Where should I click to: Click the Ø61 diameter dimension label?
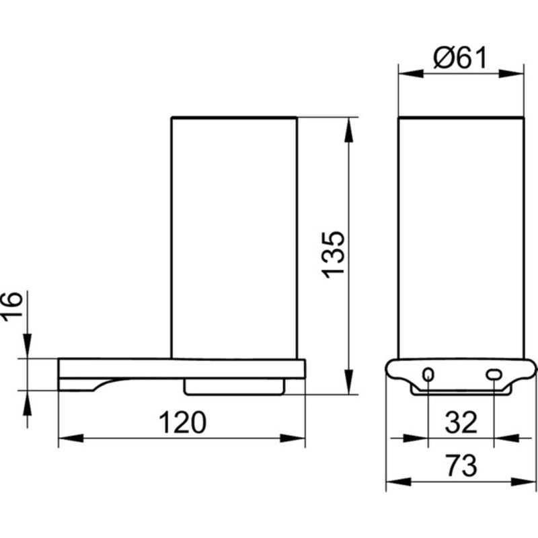[460, 58]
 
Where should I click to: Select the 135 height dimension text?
[333, 255]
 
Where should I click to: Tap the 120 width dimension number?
[182, 422]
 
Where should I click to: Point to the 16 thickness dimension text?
[11, 307]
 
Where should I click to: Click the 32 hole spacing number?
[461, 422]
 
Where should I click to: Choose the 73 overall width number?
[461, 465]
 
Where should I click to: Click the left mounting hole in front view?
[428, 374]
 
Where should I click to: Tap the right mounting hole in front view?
[494, 375]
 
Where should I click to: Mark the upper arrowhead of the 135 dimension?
[348, 130]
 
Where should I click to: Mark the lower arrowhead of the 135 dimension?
[348, 382]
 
